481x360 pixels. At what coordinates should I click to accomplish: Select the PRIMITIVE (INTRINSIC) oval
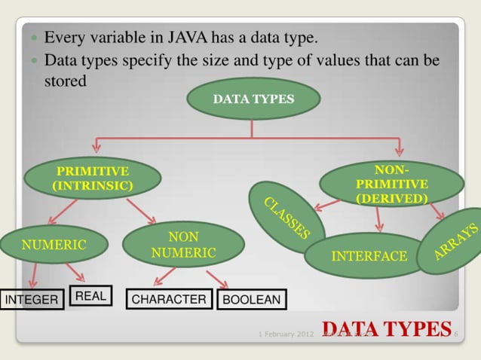coord(93,178)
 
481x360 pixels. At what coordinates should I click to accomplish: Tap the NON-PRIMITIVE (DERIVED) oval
coord(391,184)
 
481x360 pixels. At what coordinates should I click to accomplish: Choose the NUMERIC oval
coord(54,245)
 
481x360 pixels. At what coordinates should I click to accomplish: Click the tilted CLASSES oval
coord(286,217)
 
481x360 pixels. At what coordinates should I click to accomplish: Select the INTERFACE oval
coord(369,256)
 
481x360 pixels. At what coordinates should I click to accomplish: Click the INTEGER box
coord(32,301)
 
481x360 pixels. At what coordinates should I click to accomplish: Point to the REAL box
coord(90,297)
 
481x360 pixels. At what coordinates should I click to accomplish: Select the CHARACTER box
coord(169,300)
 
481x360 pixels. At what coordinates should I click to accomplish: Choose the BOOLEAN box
coord(251,301)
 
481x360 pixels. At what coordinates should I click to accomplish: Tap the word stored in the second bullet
coord(66,81)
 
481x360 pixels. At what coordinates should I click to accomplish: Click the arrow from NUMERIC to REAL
coord(75,273)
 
